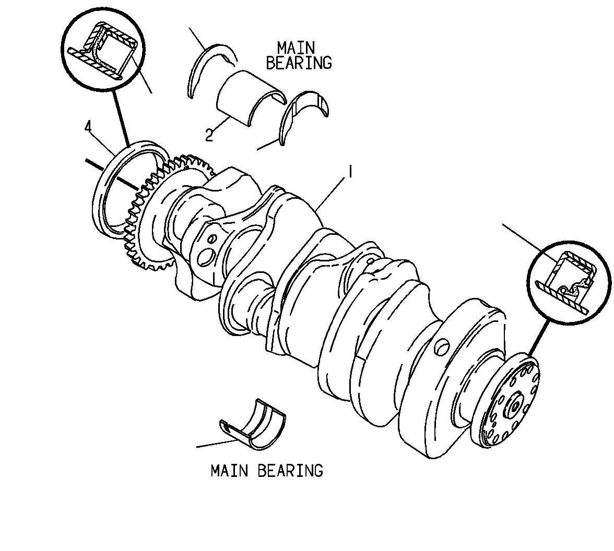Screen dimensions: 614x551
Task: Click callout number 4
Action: tap(88, 127)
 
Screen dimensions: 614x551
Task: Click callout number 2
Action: tap(209, 136)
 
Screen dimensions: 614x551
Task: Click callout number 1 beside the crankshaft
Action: tap(350, 171)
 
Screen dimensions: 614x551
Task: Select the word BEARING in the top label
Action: tap(299, 63)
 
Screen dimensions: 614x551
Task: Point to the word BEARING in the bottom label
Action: tap(290, 470)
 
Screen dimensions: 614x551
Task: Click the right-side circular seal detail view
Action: tap(569, 283)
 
